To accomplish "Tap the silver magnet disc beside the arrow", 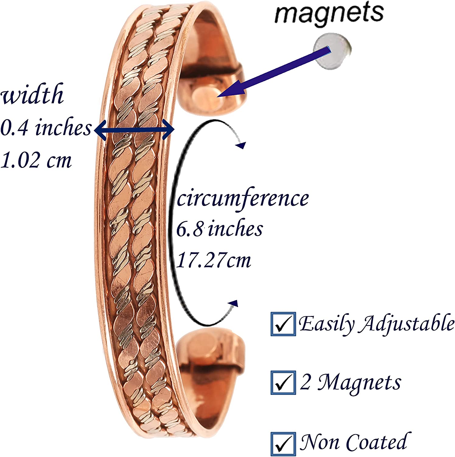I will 332,52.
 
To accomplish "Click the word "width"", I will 33,94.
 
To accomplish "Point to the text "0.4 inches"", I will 46,128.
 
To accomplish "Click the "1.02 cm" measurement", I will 36,160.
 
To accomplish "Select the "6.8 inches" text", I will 220,229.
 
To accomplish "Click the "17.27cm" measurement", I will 214,261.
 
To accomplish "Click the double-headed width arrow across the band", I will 134,130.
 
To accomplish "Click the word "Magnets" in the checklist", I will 359,382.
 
